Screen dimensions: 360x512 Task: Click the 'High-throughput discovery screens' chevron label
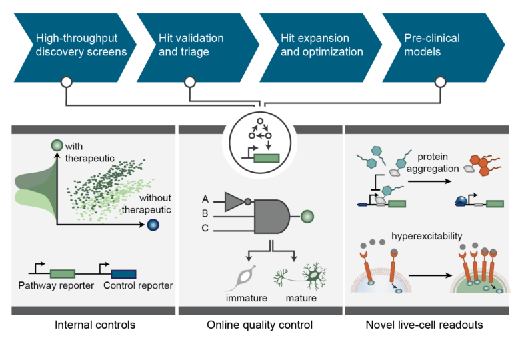coord(81,45)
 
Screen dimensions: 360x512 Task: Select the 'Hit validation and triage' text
coord(191,45)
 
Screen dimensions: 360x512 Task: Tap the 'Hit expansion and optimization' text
coord(321,45)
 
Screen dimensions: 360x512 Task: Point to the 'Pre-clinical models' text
coord(431,45)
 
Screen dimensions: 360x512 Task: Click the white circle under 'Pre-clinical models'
coord(440,82)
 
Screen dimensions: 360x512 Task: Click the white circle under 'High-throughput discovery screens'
coord(66,82)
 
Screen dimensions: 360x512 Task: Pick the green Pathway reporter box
coord(63,273)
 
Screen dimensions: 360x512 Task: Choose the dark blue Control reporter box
coord(123,273)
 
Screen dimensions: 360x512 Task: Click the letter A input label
coord(205,199)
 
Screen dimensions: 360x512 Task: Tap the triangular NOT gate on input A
coord(235,201)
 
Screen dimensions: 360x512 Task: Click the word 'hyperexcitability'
coord(427,236)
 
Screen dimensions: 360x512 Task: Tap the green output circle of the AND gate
coord(307,216)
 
